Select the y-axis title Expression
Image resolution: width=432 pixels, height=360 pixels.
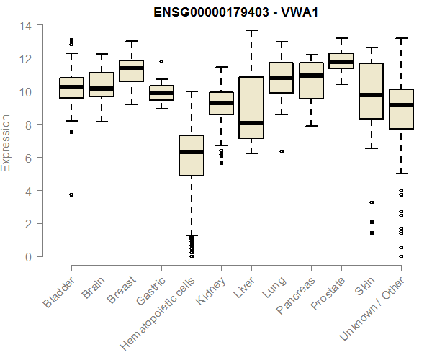(6, 141)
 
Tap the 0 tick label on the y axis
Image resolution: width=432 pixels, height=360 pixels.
(27, 256)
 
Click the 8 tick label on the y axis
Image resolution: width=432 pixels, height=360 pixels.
(27, 125)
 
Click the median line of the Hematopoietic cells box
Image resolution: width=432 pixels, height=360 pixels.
(192, 152)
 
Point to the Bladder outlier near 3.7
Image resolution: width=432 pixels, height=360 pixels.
(71, 194)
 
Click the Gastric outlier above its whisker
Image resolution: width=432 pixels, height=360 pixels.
(161, 62)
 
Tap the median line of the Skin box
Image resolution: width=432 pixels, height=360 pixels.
(372, 95)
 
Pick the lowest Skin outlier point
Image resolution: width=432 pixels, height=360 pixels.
(372, 233)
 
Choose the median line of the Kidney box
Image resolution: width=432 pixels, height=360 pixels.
(221, 103)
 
